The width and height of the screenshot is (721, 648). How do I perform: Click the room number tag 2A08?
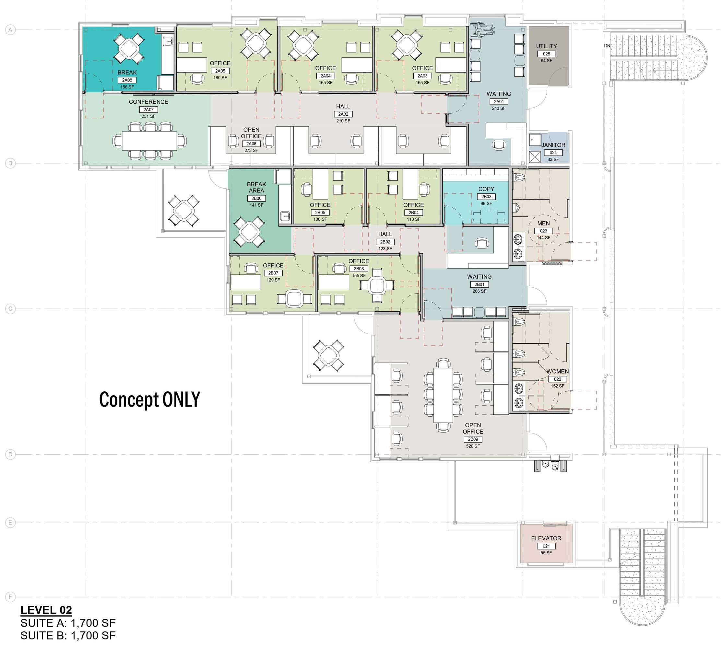point(127,80)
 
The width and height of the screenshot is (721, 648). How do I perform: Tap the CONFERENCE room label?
point(148,102)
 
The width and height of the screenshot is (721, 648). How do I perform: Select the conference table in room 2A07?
point(150,141)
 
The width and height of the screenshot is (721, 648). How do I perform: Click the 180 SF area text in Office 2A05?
point(220,78)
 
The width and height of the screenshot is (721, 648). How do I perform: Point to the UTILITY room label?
point(547,46)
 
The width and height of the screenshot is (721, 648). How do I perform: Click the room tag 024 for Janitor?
point(553,153)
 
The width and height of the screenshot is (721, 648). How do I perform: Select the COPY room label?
point(486,189)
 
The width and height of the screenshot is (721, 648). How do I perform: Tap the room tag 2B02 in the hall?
point(385,242)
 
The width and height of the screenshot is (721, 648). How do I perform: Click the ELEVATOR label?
point(546,538)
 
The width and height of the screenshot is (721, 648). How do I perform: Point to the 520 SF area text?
point(473,446)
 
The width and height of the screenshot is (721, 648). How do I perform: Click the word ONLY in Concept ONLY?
point(181,399)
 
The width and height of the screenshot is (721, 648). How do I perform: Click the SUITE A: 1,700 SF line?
point(68,623)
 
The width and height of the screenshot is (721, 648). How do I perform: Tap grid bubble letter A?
point(10,30)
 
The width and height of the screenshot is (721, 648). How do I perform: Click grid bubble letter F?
point(10,597)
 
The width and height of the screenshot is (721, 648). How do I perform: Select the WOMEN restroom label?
point(558,371)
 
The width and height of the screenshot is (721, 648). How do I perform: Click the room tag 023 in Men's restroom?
point(544,231)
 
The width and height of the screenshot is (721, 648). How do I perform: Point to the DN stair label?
point(607,46)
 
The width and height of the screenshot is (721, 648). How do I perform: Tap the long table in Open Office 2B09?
point(443,395)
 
